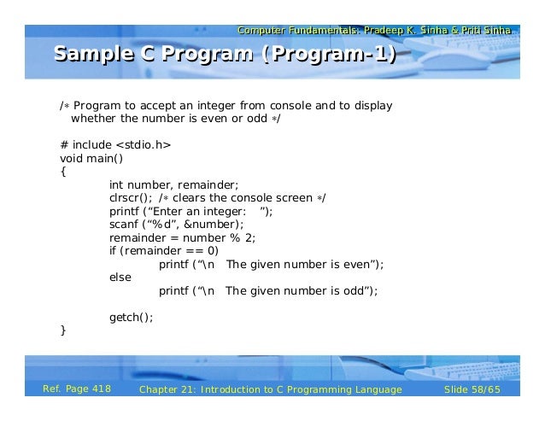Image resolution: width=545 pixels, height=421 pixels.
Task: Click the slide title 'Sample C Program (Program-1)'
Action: (x=226, y=57)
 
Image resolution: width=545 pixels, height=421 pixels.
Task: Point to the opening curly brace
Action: (x=62, y=171)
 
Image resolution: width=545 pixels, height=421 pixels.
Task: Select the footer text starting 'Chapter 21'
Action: (x=270, y=389)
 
